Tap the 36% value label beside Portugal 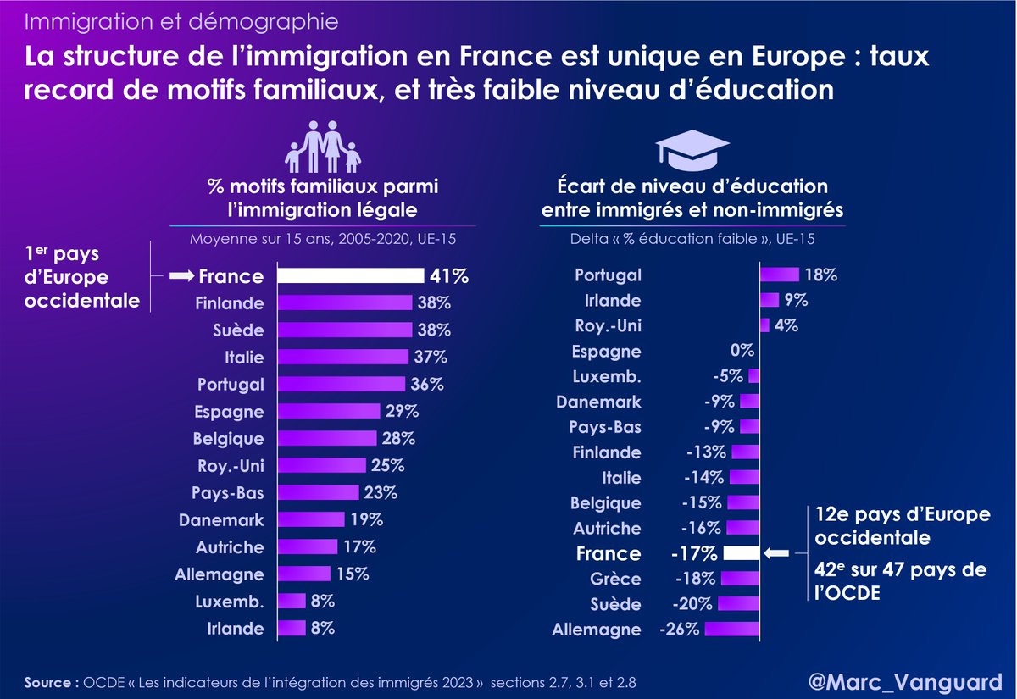click(428, 384)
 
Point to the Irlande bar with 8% click(292, 628)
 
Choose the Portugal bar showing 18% click(779, 275)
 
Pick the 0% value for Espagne click(742, 351)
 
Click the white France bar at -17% click(742, 553)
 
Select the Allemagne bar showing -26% click(731, 630)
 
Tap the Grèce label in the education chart click(617, 580)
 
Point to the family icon click(322, 146)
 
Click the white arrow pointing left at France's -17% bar click(777, 553)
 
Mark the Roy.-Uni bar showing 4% click(764, 325)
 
